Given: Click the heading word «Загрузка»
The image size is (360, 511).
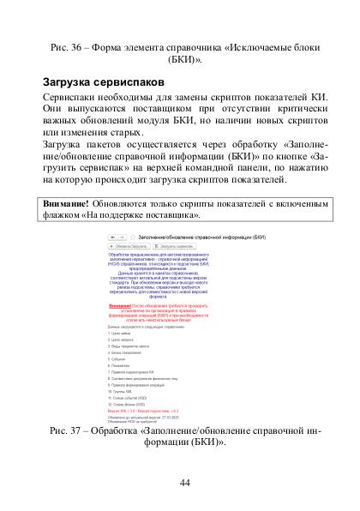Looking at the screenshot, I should (x=68, y=82).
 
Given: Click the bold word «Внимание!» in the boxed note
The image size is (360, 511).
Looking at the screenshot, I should (x=65, y=204).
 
